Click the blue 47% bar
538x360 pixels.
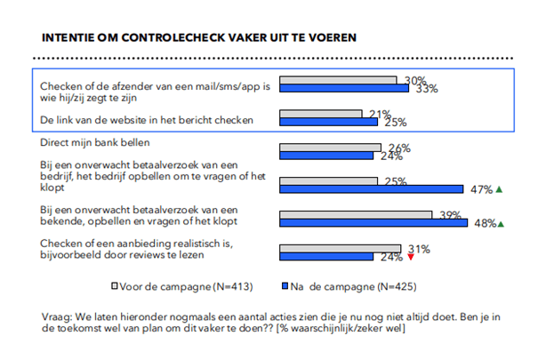tap(371, 189)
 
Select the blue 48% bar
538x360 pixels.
tap(373, 223)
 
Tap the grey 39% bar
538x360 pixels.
tap(356, 215)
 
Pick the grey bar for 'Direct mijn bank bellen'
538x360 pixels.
tap(330, 148)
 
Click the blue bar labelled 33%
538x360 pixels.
tap(344, 88)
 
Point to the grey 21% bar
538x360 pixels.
tap(320, 114)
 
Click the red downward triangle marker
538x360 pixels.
tap(411, 257)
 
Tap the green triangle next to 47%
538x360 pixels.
tap(499, 189)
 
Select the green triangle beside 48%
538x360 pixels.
tap(501, 224)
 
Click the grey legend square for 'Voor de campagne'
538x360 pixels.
tap(115, 285)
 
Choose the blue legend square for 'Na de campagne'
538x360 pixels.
tap(285, 285)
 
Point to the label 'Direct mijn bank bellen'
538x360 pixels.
tap(94, 142)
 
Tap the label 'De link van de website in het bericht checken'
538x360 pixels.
tap(147, 120)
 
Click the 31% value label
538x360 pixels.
tap(419, 249)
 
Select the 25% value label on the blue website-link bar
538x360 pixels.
tap(395, 122)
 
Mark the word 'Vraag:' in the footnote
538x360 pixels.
tap(56, 317)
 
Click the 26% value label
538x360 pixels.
tap(399, 148)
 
